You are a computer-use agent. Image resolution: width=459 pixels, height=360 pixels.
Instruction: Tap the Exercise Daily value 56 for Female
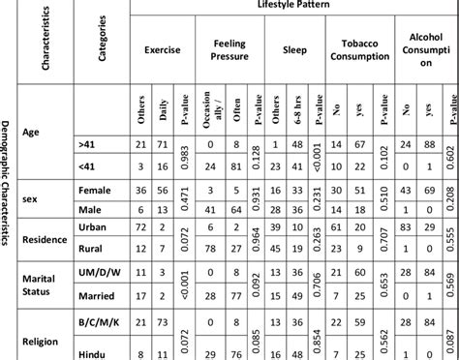pyautogui.click(x=164, y=191)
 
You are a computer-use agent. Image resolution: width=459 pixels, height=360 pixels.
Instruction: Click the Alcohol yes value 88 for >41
pyautogui.click(x=428, y=143)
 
